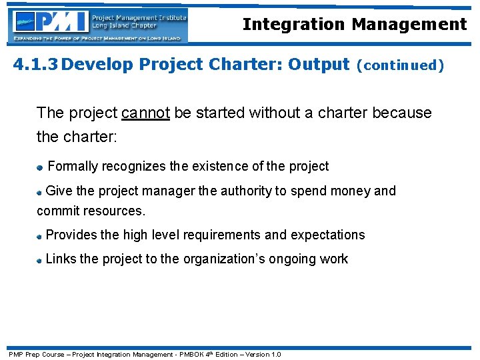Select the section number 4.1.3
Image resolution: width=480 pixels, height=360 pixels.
point(37,65)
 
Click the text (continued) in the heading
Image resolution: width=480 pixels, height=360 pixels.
point(400,65)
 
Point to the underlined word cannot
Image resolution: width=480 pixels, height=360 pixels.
point(145,113)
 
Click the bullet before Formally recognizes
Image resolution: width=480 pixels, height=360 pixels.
point(41,167)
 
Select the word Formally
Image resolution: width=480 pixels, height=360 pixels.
point(73,166)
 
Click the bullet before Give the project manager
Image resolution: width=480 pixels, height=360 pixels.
point(40,192)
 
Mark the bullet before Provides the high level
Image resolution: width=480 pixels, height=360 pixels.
point(40,236)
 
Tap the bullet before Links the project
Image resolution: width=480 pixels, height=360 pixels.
point(40,260)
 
